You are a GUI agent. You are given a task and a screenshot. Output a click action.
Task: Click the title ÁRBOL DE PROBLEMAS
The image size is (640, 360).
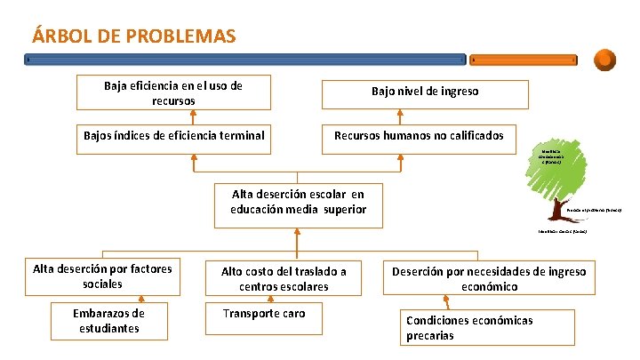tap(133, 36)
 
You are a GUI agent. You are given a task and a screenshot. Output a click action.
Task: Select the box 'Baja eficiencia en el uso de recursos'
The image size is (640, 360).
tap(173, 93)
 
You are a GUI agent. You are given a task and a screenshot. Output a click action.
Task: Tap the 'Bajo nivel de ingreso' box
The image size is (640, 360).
tap(424, 92)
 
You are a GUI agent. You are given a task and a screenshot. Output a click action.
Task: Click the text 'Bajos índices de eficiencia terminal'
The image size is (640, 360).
tap(174, 136)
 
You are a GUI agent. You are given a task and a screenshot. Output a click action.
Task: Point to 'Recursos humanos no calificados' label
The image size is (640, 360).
tap(419, 136)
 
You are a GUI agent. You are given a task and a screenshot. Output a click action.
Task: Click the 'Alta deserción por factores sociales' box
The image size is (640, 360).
tap(102, 276)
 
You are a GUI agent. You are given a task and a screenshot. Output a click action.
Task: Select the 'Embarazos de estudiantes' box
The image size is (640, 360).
tap(109, 321)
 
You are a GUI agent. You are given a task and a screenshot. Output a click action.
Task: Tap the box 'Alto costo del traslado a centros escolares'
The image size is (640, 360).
tap(284, 278)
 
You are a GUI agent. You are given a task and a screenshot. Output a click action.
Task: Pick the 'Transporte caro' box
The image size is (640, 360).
tap(264, 314)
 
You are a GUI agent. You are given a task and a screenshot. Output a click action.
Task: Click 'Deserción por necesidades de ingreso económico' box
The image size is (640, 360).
tap(490, 278)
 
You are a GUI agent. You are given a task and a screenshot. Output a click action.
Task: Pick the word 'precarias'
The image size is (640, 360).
tap(430, 336)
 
